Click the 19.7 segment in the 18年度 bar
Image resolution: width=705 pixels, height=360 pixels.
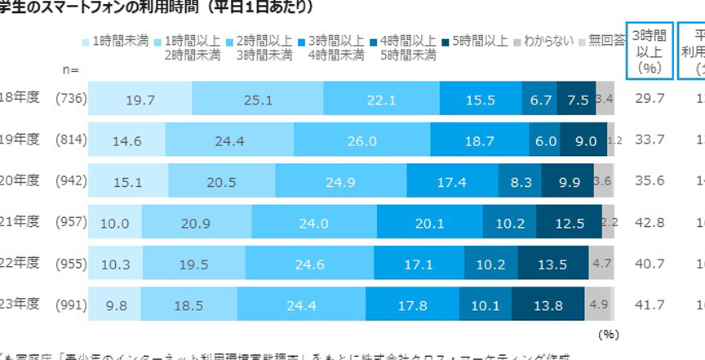[x=140, y=100]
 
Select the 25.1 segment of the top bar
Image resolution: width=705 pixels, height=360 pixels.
[x=258, y=100]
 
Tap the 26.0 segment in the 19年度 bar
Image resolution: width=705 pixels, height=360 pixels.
[x=361, y=140]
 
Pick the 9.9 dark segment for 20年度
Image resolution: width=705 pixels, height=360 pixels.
[x=568, y=181]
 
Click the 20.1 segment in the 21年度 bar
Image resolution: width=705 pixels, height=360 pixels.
[x=429, y=223]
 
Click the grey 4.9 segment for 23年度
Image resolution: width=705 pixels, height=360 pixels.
[x=599, y=305]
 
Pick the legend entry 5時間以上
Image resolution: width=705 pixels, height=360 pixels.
[x=477, y=39]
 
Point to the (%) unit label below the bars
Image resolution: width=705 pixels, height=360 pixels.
[x=609, y=334]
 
